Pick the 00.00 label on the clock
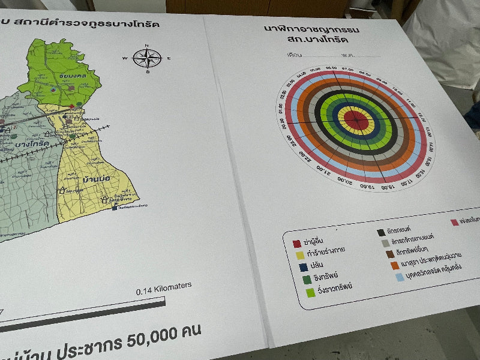[283, 123]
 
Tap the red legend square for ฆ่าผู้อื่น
[296, 244]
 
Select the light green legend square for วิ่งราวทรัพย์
[310, 292]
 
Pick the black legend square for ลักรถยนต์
[381, 232]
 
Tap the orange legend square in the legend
[394, 265]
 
